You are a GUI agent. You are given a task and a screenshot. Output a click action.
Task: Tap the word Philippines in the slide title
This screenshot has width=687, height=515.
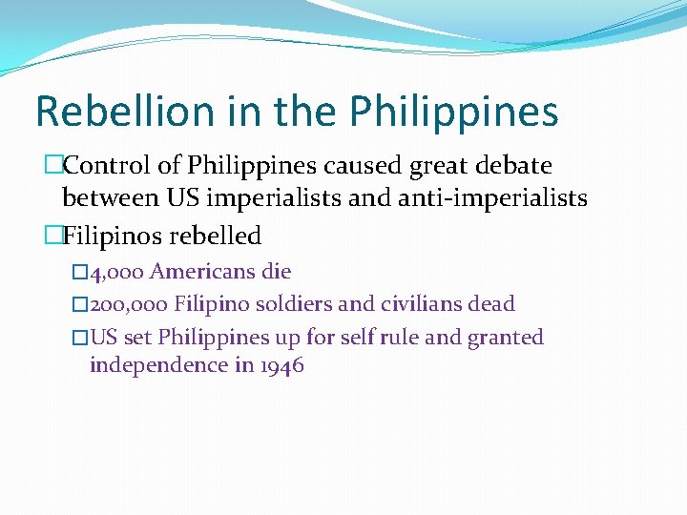coord(453,113)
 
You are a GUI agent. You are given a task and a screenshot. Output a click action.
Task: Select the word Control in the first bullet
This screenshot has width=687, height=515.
coord(105,166)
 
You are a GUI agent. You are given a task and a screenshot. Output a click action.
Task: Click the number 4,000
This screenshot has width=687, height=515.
coord(116,272)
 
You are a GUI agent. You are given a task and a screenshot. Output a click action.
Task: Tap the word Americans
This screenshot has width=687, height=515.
coord(202,272)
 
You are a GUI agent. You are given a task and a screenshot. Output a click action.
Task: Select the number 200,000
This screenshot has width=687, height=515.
coord(129,304)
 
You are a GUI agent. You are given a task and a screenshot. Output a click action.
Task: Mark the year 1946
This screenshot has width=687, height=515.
coord(281,365)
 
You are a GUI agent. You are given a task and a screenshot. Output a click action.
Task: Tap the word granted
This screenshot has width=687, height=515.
coord(505,338)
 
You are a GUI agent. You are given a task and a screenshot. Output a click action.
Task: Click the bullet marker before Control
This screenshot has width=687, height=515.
coord(53,166)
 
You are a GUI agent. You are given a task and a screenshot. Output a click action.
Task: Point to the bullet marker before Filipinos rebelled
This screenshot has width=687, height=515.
coord(53,235)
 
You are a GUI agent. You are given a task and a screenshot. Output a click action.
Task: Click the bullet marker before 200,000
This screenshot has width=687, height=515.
coord(80,305)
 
